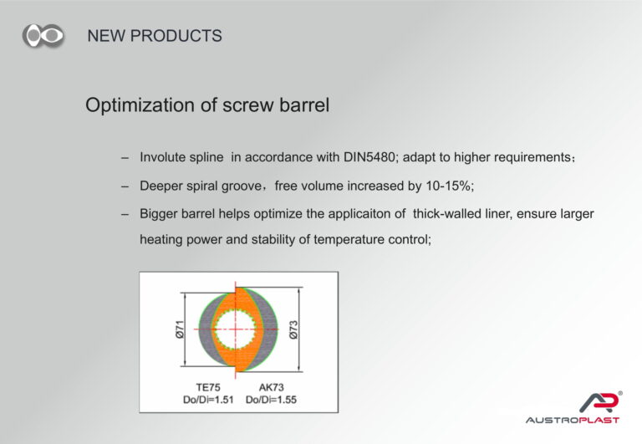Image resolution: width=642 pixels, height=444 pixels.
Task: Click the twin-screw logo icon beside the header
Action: (x=43, y=36)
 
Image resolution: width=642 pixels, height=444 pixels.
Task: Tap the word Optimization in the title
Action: (x=140, y=105)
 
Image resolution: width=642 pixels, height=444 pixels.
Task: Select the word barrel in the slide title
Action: (x=304, y=105)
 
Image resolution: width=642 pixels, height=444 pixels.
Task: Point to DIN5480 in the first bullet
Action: (x=369, y=157)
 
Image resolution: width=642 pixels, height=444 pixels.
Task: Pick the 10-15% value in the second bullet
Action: (x=450, y=186)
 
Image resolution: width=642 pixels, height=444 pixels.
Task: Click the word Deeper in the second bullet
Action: (x=160, y=186)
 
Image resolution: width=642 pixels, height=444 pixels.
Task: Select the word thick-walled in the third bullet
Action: (x=447, y=214)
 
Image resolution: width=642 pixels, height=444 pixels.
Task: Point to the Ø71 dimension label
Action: (x=180, y=329)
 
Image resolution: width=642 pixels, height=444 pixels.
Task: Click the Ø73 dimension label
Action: (x=293, y=329)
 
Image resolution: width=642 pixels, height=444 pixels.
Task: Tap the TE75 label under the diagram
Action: (x=208, y=387)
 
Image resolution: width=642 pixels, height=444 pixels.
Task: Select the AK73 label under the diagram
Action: (x=271, y=387)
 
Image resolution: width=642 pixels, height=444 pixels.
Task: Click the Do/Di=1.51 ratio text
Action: (x=208, y=400)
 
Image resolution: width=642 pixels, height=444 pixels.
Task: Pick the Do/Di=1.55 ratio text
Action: (x=271, y=400)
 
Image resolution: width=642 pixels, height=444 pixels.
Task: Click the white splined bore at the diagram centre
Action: (x=236, y=329)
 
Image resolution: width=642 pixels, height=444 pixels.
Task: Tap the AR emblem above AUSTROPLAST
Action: (x=600, y=402)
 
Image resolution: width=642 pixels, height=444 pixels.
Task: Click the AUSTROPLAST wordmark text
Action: (x=573, y=421)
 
